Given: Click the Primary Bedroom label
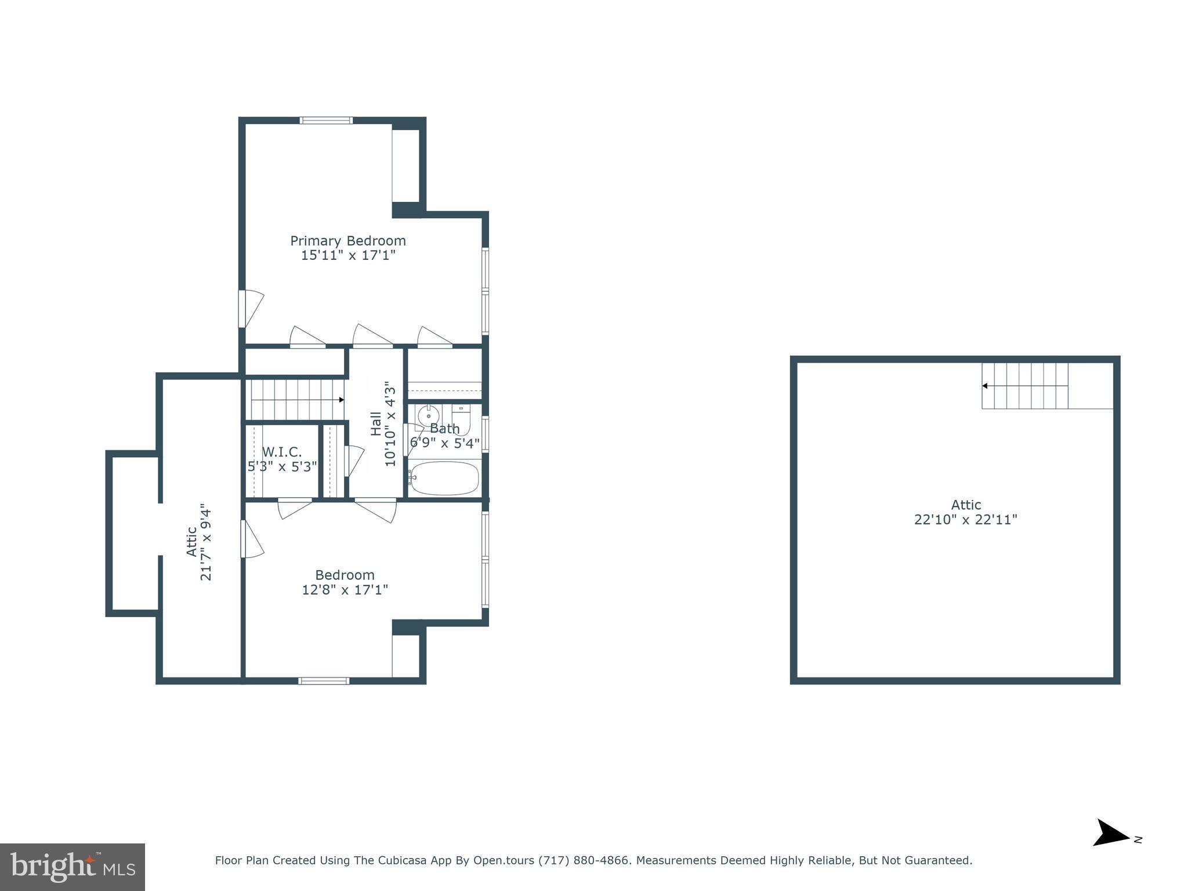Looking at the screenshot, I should (x=347, y=241).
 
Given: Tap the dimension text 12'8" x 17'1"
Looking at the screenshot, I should (x=345, y=590).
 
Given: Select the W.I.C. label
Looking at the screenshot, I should (x=282, y=452).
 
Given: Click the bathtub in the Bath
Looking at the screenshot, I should (x=444, y=478).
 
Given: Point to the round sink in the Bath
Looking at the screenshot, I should (x=428, y=416).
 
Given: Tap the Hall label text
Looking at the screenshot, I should (x=376, y=424).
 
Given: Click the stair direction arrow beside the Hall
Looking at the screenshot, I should (x=341, y=400).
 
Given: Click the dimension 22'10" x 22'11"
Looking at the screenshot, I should (x=965, y=520).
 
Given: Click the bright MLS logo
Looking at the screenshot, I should (x=72, y=867).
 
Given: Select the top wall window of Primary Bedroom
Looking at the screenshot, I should (x=326, y=121).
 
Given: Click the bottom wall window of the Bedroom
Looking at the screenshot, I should (x=324, y=680).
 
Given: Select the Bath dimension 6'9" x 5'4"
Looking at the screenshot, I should (x=444, y=443).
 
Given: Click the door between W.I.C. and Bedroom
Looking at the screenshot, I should (x=295, y=508).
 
